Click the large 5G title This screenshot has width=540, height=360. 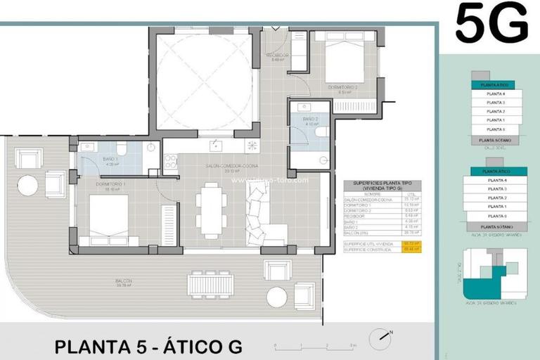[x=491, y=23]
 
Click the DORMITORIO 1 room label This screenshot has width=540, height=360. [x=115, y=186]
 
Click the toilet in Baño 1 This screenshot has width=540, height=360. [x=122, y=148]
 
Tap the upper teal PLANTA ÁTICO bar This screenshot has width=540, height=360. [x=492, y=84]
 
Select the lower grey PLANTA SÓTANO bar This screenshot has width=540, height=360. [x=493, y=227]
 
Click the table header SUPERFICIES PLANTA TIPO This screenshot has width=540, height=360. [x=382, y=186]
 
